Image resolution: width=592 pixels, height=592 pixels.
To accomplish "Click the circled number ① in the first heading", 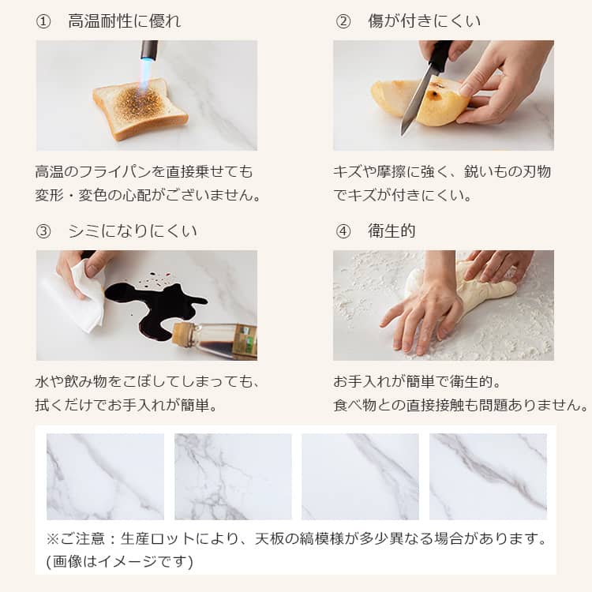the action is tap(43, 21).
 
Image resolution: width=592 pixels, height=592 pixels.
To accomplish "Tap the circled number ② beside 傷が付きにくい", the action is tap(343, 21).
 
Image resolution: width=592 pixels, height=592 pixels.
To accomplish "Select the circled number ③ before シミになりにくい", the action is tap(43, 231).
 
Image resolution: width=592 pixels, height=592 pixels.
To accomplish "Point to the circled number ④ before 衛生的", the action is tap(343, 231).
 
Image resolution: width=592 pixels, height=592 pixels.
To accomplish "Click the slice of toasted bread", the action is tap(141, 108).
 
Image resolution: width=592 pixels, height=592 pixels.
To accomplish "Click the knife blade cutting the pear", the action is tap(414, 102).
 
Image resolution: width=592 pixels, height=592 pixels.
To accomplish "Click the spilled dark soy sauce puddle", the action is tap(155, 305).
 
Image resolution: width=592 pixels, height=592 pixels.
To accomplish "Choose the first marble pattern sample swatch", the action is tap(105, 477).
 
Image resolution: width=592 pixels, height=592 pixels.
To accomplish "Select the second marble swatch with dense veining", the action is tap(233, 477).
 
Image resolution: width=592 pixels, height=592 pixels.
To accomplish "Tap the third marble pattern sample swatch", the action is tap(360, 477).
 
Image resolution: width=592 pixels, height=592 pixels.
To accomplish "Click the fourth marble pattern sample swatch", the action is tap(488, 477).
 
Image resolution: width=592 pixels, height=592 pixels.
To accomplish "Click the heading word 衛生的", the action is tap(392, 231).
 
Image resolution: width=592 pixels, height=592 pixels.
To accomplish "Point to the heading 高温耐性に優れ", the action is tap(125, 21).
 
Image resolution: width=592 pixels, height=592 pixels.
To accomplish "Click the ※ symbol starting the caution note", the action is tap(52, 539).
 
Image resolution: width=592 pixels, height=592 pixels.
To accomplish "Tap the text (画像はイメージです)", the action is tap(120, 561).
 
